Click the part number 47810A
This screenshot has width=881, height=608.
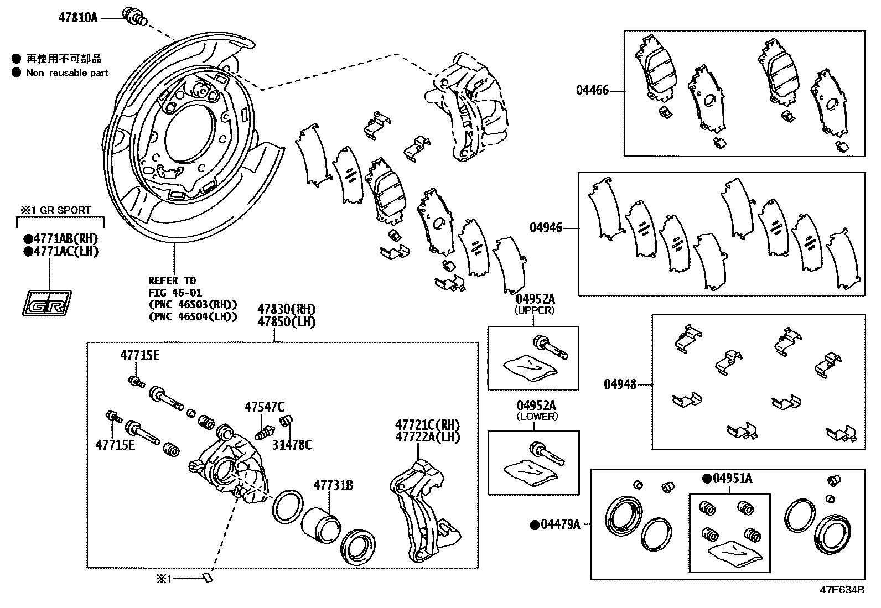(77, 17)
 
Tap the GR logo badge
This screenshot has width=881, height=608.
(46, 303)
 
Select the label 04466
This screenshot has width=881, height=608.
(592, 90)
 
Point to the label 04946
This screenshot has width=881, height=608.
(546, 227)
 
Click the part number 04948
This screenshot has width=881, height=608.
(620, 384)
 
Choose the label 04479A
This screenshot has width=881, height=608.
(559, 524)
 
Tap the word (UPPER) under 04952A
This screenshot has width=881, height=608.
(535, 310)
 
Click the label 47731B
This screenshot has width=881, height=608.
(333, 486)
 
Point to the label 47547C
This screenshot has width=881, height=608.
(265, 407)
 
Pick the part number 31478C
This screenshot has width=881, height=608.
(292, 445)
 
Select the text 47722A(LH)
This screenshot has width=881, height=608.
(427, 437)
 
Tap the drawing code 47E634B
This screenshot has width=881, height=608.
(842, 590)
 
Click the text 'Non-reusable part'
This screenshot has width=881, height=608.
(67, 73)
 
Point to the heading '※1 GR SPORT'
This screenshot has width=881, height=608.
(55, 210)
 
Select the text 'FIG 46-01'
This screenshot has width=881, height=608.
(175, 293)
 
